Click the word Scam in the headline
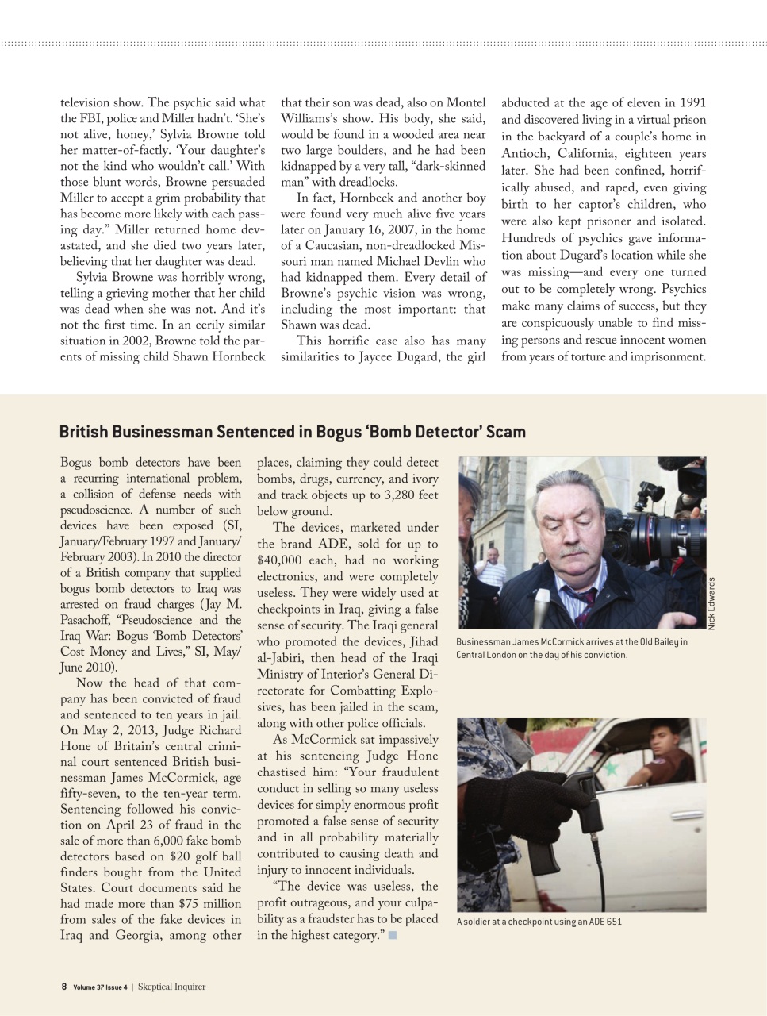(x=505, y=432)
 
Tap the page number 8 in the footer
(x=63, y=987)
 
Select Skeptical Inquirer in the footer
(x=171, y=987)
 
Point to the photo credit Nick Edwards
(x=711, y=603)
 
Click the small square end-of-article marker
(x=392, y=936)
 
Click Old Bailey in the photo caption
(x=646, y=642)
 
